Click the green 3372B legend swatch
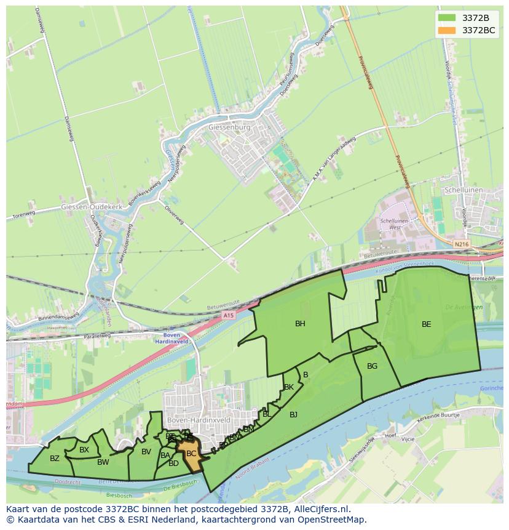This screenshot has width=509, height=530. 447,18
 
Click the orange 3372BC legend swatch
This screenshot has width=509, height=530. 447,30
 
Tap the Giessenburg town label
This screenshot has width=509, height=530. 230,127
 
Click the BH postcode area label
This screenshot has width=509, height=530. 300,324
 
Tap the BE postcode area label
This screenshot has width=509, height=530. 426,324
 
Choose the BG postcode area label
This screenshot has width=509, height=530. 372,366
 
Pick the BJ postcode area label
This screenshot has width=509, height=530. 293,415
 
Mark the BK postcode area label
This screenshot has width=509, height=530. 288,387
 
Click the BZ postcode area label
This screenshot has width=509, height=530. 55,459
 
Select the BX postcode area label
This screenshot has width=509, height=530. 84,450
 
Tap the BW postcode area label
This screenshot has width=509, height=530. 103,462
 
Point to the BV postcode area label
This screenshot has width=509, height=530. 146,452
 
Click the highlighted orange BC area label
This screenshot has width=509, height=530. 191,454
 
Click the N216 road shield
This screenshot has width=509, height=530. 461,244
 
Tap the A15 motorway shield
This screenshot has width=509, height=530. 229,316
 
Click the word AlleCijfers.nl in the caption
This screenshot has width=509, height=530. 321,510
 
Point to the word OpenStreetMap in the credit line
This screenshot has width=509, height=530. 333,520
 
